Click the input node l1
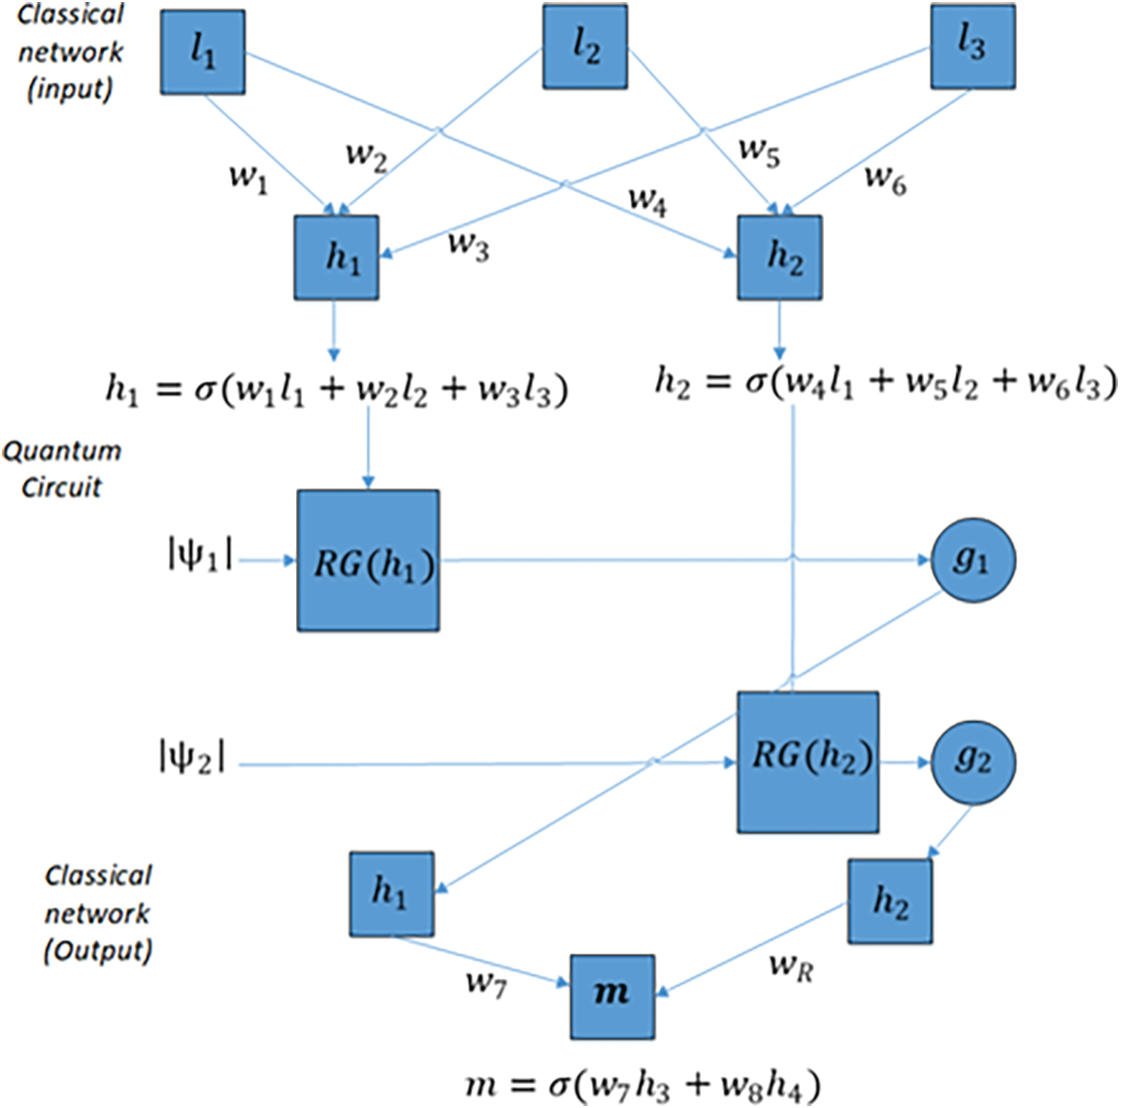[202, 52]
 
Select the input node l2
[584, 47]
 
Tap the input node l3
[973, 46]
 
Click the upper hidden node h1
[336, 257]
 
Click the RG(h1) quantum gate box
[368, 561]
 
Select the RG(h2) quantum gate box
[808, 762]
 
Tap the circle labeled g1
[973, 561]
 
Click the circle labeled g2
[973, 762]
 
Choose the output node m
[611, 995]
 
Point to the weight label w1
[247, 179]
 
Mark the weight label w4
[646, 201]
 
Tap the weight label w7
[485, 983]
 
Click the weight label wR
[790, 965]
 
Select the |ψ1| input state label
[199, 558]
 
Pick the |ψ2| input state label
[191, 757]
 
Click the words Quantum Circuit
[62, 469]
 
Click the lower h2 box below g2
[889, 901]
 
